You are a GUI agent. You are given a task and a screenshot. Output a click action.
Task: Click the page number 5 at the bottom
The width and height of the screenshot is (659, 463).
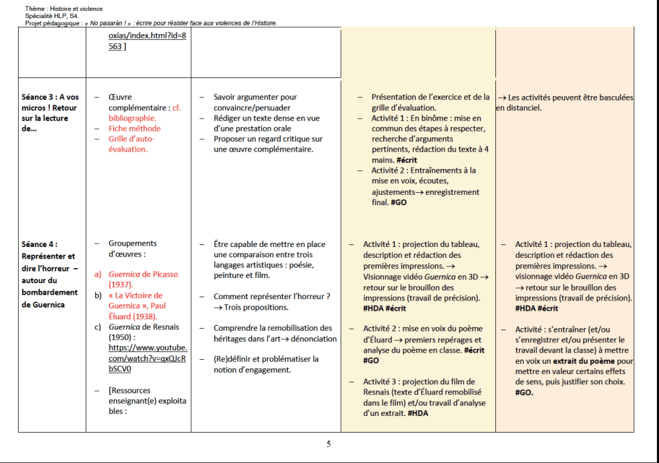click(329, 444)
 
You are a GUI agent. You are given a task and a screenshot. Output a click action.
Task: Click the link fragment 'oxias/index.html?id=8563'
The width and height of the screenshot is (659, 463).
click(147, 41)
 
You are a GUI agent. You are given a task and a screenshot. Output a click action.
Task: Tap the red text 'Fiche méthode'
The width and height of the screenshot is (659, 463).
click(135, 128)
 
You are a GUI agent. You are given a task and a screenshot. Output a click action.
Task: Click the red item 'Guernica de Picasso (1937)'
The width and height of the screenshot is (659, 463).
click(143, 279)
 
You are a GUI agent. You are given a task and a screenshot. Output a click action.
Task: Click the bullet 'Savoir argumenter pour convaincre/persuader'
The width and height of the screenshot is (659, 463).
click(255, 103)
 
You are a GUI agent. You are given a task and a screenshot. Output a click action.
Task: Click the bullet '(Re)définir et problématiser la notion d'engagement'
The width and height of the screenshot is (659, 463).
click(266, 364)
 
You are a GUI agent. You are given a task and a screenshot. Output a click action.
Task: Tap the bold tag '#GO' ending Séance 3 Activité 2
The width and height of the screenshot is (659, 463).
click(397, 202)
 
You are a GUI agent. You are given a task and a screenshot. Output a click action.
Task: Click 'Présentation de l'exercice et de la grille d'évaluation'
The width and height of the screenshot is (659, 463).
click(430, 103)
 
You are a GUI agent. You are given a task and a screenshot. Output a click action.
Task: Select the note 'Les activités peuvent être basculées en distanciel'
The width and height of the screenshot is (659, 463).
click(564, 103)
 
